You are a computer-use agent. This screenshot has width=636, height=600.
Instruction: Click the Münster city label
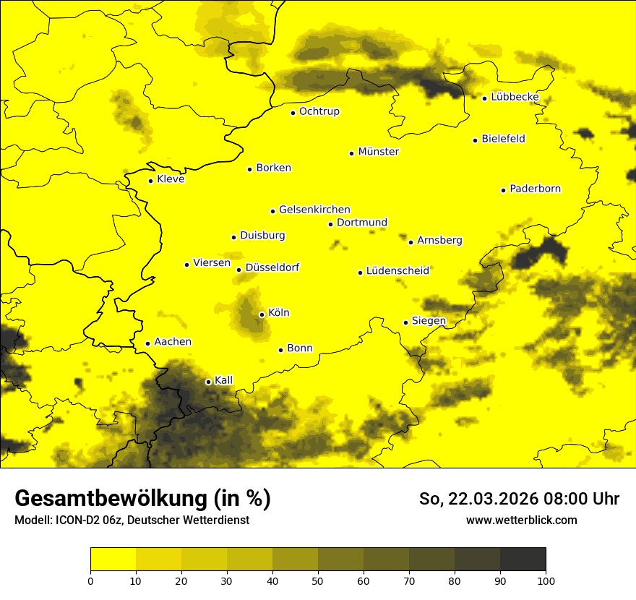tap(378, 152)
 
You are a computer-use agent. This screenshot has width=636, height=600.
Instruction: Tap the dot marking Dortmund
tap(330, 224)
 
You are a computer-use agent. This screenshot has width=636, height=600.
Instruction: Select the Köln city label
tap(278, 313)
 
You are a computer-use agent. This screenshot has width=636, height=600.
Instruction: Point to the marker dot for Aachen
tap(147, 343)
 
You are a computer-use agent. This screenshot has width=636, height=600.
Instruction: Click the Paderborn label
tap(535, 189)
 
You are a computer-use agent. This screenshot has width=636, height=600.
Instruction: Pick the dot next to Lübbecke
tap(484, 98)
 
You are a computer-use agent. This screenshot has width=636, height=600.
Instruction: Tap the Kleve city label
tap(171, 179)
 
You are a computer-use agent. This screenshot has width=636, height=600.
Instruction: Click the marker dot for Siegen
tap(405, 322)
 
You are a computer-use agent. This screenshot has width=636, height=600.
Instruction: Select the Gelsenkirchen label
tap(314, 210)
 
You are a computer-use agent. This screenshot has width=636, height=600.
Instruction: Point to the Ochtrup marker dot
tap(293, 113)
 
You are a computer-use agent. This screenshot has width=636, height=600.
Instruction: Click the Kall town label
tap(224, 380)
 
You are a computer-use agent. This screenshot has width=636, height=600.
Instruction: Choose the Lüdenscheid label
tap(397, 271)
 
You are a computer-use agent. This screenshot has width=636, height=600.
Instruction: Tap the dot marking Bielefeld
tap(475, 140)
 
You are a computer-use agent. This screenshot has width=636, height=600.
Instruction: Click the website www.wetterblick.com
tap(521, 520)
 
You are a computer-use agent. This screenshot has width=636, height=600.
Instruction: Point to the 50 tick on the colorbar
tap(318, 580)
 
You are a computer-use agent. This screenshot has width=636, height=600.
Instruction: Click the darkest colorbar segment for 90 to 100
tap(523, 560)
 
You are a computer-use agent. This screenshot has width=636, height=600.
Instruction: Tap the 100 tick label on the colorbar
tap(546, 580)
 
